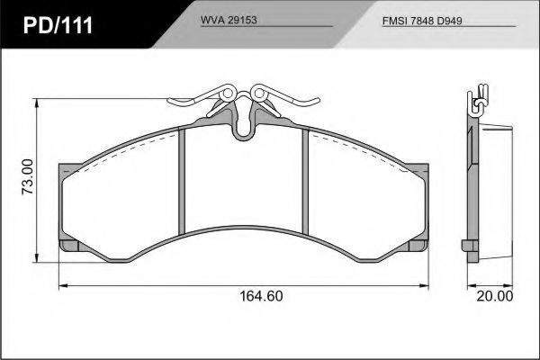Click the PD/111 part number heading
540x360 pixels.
pyautogui.click(x=58, y=25)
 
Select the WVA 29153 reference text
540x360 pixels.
pyautogui.click(x=229, y=20)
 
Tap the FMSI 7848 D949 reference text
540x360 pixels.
pyautogui.click(x=422, y=21)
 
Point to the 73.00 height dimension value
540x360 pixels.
pyautogui.click(x=28, y=177)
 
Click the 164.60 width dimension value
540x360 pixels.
pyautogui.click(x=261, y=296)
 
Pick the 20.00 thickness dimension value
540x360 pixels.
pyautogui.click(x=495, y=296)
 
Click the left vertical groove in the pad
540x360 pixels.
pyautogui.click(x=182, y=182)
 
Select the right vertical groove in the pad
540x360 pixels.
pyautogui.click(x=305, y=182)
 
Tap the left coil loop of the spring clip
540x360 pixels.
pyautogui.click(x=228, y=94)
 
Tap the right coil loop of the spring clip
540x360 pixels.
pyautogui.click(x=258, y=94)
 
